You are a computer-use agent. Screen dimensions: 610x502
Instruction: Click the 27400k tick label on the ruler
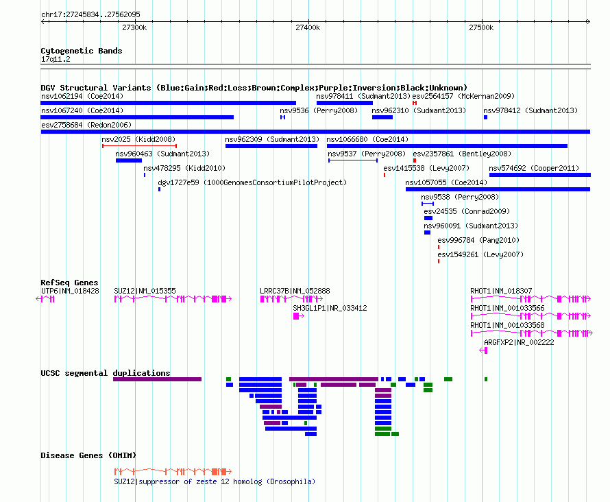(x=308, y=27)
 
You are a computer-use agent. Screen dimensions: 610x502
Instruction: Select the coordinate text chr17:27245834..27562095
(x=90, y=15)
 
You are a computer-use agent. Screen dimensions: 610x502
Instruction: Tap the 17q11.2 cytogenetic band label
(x=56, y=59)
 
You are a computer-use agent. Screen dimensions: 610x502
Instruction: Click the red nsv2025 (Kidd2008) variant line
(x=140, y=146)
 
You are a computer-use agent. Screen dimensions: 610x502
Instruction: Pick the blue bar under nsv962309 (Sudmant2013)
(x=271, y=146)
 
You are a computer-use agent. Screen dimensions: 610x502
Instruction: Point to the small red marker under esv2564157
(x=415, y=103)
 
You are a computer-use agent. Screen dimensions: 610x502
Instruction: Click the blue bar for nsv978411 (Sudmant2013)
(x=345, y=103)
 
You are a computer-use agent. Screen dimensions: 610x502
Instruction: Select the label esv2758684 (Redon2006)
(x=86, y=125)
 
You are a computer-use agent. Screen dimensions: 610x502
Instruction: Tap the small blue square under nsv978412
(x=485, y=117)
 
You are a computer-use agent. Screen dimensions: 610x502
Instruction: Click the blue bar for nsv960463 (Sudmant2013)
(x=129, y=160)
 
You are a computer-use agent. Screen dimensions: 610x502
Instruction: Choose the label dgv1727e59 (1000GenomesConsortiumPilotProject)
(x=252, y=182)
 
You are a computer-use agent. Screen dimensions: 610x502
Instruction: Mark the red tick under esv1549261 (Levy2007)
(x=439, y=261)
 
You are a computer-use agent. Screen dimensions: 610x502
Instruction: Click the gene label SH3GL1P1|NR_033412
(x=330, y=308)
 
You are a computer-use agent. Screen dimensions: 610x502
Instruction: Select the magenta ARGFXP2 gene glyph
(x=483, y=350)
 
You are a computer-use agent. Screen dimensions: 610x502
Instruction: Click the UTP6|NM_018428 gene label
(x=70, y=291)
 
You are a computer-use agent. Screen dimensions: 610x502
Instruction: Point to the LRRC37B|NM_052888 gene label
(x=295, y=291)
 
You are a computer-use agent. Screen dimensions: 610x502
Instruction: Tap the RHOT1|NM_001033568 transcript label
(x=507, y=325)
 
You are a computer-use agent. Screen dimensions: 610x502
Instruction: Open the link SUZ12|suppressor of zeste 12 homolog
(x=215, y=481)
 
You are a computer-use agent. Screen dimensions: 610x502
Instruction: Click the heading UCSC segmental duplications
(x=106, y=373)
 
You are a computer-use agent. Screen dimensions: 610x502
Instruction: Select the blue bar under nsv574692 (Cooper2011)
(x=540, y=175)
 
